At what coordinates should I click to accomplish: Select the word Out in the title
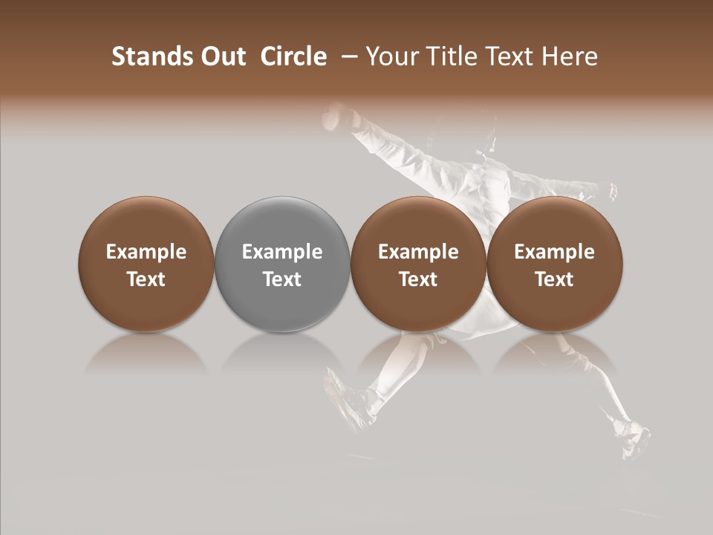[222, 56]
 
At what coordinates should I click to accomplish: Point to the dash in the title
[347, 56]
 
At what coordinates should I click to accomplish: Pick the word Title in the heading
[454, 56]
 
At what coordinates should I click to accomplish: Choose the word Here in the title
[569, 56]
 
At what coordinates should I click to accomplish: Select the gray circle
[282, 264]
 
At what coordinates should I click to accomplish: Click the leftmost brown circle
[146, 264]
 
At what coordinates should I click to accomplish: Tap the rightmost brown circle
[555, 264]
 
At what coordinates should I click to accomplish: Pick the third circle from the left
[418, 264]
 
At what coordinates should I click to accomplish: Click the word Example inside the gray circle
[282, 252]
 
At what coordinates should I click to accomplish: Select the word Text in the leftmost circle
[146, 279]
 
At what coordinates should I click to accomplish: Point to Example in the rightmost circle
[555, 252]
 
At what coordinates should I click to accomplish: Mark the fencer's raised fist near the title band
[338, 115]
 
